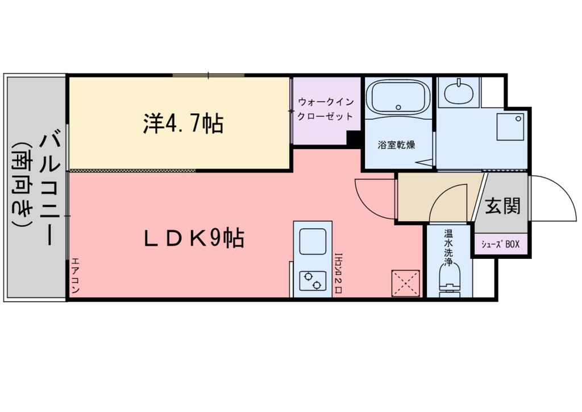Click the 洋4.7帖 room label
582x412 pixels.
point(182,123)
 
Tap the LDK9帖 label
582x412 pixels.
point(193,238)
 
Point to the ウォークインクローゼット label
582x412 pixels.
point(326,109)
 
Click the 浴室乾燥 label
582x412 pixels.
point(396,145)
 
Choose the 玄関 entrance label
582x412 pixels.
point(502,205)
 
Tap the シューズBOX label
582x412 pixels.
point(501,245)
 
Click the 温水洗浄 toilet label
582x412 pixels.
point(448,248)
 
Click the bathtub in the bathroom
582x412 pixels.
point(397,97)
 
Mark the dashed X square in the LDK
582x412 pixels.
point(406,282)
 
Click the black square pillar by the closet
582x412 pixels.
point(354,139)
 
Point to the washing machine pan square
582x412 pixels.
point(509,126)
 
